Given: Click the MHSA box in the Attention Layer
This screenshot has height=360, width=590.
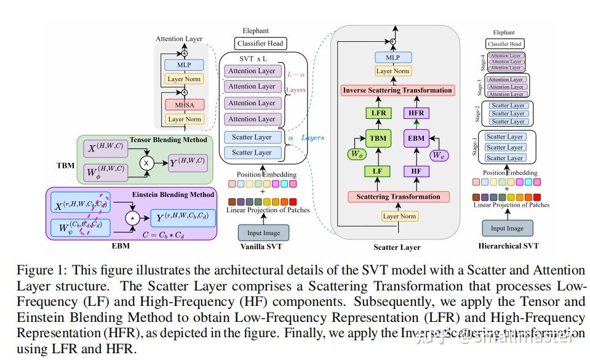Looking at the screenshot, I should tap(185, 105).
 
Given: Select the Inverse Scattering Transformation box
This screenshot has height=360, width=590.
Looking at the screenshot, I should tap(397, 90).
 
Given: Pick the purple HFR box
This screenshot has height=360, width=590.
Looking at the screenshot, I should tap(417, 113).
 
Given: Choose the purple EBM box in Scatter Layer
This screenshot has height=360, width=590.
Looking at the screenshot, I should tap(417, 138).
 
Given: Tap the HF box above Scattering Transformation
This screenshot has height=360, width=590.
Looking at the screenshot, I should tap(417, 170).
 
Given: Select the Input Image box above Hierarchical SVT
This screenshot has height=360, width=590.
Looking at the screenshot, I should tap(507, 228).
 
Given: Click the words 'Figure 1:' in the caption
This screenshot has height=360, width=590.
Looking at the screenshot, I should tap(36, 270).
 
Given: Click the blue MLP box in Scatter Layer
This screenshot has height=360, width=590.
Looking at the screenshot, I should tap(393, 57).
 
